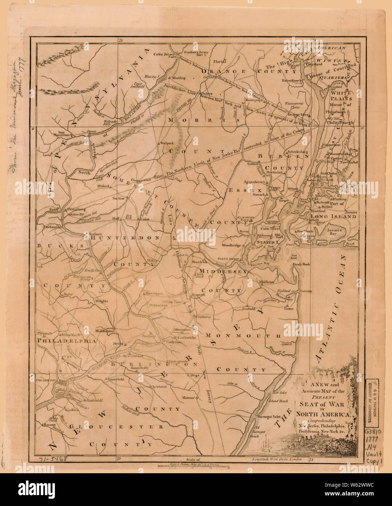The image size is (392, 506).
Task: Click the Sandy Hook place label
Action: [301, 264]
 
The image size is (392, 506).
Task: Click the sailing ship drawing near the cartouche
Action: [264, 446]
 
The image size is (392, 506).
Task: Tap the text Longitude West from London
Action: [277, 459]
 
